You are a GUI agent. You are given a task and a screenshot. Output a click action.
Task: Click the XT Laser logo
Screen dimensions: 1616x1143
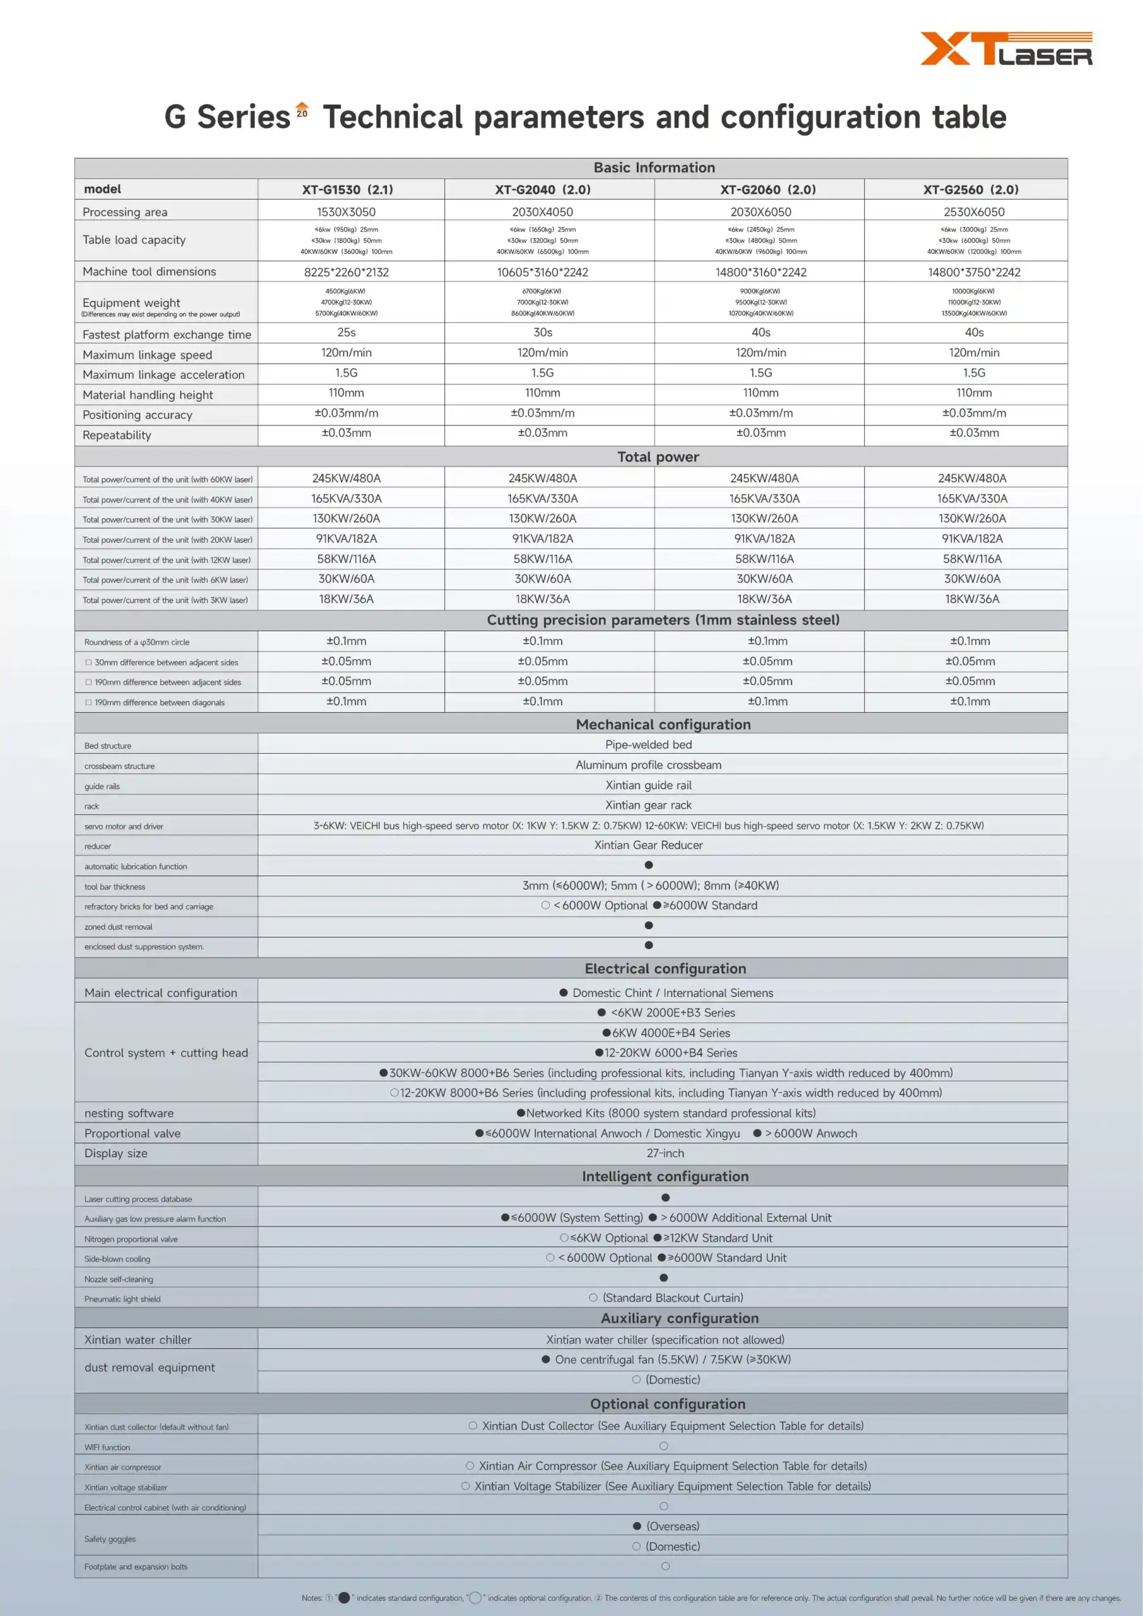pos(1006,49)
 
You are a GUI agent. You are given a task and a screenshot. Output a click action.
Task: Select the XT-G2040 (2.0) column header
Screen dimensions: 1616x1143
pos(542,189)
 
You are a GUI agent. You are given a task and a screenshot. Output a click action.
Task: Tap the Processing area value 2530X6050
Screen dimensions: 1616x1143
pos(973,212)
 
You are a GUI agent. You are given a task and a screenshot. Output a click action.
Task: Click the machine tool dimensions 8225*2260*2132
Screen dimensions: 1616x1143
pos(346,272)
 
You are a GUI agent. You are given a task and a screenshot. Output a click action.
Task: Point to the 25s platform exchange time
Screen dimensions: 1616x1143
pos(346,332)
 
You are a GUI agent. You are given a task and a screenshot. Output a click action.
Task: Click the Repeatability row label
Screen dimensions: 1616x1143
pos(117,435)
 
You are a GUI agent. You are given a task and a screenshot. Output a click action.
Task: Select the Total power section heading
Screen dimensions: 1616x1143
pos(658,457)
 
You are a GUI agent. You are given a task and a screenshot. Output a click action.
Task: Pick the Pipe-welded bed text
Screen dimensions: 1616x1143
pos(648,745)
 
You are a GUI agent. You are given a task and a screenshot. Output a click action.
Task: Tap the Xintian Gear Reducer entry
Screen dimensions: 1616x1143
pos(648,845)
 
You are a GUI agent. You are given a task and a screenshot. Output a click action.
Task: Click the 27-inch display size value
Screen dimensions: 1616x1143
pos(665,1153)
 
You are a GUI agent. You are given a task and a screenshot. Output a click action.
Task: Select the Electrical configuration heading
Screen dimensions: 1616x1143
pos(665,968)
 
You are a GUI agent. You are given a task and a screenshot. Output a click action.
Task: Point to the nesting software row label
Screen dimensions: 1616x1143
pos(129,1113)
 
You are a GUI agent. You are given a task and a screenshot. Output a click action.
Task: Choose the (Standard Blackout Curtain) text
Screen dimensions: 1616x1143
pos(672,1297)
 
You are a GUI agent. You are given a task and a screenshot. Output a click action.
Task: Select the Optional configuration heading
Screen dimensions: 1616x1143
pos(667,1403)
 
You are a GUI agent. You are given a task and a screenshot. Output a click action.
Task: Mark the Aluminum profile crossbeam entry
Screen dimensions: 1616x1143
pos(648,765)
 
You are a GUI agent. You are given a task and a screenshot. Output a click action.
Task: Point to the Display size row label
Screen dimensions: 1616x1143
pos(116,1153)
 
